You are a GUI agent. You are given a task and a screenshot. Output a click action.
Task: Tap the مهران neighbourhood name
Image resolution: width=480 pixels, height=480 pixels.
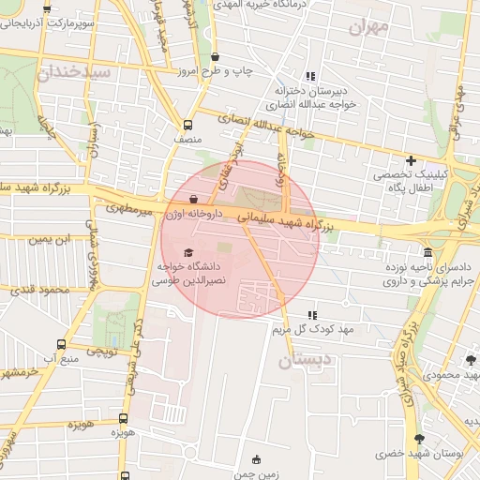[x=368, y=26]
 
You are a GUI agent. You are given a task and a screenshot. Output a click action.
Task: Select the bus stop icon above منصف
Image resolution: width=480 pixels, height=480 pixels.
[x=187, y=124]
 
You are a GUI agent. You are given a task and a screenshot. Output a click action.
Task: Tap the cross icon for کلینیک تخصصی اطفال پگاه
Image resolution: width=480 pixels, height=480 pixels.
[x=411, y=160]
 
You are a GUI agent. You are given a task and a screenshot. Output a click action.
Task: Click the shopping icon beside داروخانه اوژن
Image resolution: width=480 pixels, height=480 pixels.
[x=193, y=199]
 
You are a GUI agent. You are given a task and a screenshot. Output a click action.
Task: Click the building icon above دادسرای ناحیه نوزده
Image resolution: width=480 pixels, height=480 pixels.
[x=428, y=253]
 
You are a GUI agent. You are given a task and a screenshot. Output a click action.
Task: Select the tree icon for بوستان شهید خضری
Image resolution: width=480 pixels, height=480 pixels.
[x=418, y=439]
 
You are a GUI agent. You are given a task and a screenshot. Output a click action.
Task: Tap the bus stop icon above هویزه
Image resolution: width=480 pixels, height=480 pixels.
[x=124, y=419]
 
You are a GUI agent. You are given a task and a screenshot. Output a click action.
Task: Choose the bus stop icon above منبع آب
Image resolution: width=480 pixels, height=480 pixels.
[x=62, y=345]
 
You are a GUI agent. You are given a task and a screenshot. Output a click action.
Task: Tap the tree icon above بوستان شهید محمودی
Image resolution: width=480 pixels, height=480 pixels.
[x=471, y=360]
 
